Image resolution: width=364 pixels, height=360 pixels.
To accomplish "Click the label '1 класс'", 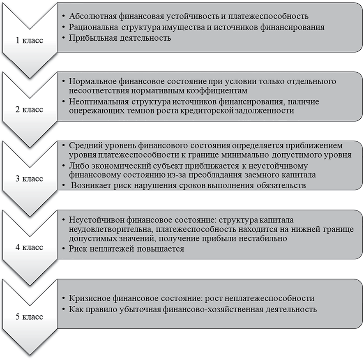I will (29, 41).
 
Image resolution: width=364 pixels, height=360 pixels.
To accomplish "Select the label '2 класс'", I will (29, 110).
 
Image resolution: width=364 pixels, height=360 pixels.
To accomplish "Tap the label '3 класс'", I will (29, 179).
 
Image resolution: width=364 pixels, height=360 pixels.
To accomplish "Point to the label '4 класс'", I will (29, 247).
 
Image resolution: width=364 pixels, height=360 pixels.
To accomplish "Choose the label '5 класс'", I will (29, 317).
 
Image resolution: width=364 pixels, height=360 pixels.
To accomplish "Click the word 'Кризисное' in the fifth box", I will (87, 298).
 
